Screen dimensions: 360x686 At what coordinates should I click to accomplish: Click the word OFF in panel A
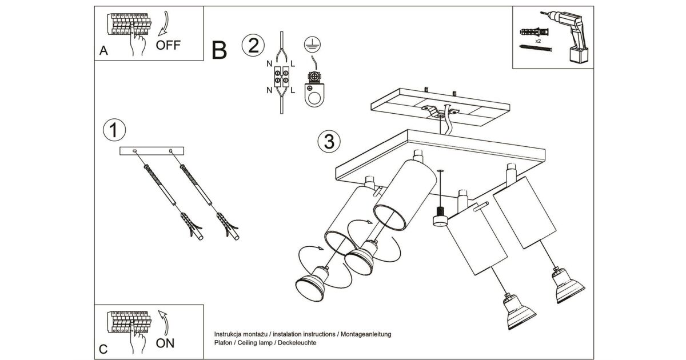[x=167, y=46]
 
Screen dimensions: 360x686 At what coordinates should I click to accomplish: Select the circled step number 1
[x=113, y=130]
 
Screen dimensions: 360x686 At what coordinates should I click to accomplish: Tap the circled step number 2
[x=253, y=45]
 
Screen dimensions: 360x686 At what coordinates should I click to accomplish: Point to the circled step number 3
[x=329, y=142]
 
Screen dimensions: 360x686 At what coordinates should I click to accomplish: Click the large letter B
[x=219, y=50]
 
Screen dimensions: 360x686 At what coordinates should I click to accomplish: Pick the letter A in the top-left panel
[x=103, y=50]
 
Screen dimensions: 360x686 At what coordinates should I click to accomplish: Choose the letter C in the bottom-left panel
[x=103, y=348]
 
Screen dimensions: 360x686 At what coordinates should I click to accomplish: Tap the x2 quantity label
[x=539, y=41]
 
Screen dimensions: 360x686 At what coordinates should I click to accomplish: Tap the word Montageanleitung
[x=366, y=334]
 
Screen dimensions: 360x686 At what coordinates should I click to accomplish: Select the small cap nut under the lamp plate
[x=440, y=219]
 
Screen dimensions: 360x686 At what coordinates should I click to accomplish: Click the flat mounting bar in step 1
[x=153, y=151]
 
